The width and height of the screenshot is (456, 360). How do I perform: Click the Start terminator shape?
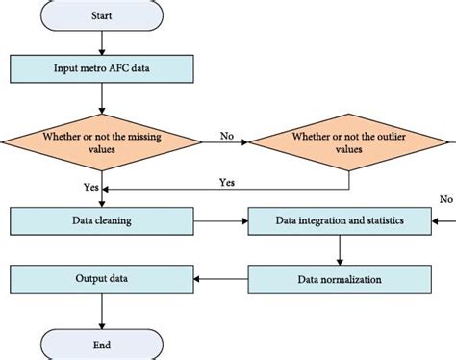pyautogui.click(x=101, y=15)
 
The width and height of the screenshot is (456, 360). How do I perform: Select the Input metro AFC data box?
pyautogui.click(x=101, y=69)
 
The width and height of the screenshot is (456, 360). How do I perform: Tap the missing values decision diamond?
pyautogui.click(x=101, y=141)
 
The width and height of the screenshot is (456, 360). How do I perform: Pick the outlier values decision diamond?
pyautogui.click(x=343, y=141)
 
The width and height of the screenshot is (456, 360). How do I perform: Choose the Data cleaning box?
pyautogui.click(x=101, y=220)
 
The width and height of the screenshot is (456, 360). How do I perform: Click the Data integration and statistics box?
pyautogui.click(x=338, y=221)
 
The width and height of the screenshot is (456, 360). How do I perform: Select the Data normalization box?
pyautogui.click(x=338, y=280)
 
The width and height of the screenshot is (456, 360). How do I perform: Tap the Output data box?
pyautogui.click(x=101, y=280)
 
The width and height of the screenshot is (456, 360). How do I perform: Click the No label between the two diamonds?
pyautogui.click(x=227, y=136)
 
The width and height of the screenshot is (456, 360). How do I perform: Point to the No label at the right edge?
pyautogui.click(x=445, y=199)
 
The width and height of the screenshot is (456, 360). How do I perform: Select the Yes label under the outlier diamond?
pyautogui.click(x=228, y=181)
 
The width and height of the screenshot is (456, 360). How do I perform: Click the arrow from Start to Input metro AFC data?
pyautogui.click(x=101, y=42)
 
